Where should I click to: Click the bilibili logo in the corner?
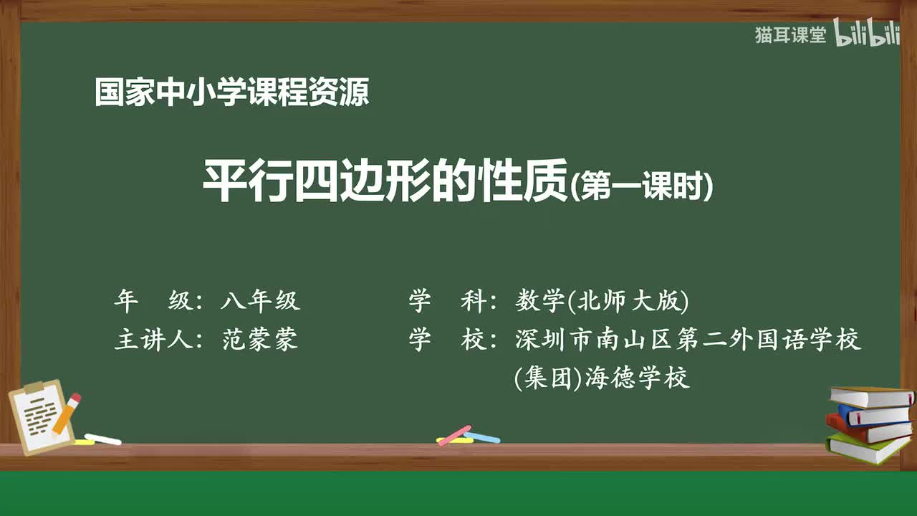[x=867, y=35]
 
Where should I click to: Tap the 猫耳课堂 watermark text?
[x=790, y=35]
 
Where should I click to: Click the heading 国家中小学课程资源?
[x=231, y=93]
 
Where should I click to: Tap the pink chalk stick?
[x=454, y=435]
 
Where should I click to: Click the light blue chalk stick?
[x=483, y=436]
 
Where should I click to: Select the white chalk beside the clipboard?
[x=103, y=439]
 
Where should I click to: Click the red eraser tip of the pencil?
[x=75, y=398]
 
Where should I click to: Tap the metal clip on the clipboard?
[x=34, y=388]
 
